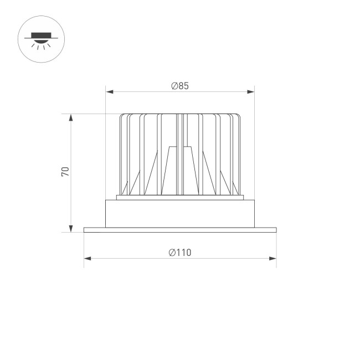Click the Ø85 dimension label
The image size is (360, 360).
pos(180,86)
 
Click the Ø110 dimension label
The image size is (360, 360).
pos(180,253)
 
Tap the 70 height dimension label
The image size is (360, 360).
pos(65,171)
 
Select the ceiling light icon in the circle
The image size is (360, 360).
pos(42,38)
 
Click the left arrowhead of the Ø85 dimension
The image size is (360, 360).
pos(109,91)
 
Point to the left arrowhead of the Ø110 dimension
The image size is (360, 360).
pos(87,258)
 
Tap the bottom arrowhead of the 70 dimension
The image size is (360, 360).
pos(71,229)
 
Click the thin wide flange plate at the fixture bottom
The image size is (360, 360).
pos(180,229)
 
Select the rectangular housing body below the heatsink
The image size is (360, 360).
pos(180,213)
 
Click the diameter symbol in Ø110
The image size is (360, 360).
pos(172,253)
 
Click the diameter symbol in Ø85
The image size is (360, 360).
pos(174,86)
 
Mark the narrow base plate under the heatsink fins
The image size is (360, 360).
pos(180,198)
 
